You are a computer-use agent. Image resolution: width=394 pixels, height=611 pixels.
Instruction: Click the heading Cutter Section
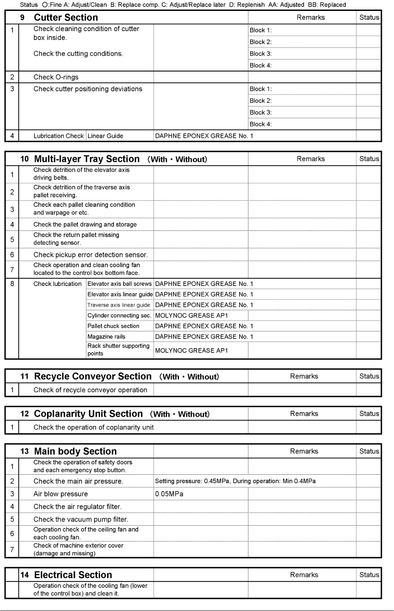pos(66,18)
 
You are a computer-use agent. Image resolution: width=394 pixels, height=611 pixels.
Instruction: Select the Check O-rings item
pos(56,77)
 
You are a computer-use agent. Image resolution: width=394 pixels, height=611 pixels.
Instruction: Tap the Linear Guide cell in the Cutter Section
pos(105,136)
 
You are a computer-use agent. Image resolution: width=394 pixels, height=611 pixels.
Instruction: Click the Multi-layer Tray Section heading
pos(87,159)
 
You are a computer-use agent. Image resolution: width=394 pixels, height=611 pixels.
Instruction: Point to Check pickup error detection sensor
pos(90,254)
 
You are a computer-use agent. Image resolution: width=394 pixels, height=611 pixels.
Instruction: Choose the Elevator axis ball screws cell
pos(119,284)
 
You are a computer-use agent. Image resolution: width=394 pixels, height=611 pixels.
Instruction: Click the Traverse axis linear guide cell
pos(118,305)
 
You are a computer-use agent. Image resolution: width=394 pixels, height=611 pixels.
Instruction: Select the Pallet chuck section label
pos(113,326)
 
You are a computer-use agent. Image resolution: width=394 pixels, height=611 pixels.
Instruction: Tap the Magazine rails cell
pos(106,336)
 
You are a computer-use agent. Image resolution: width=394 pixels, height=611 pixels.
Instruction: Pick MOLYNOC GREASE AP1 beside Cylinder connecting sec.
pos(192,315)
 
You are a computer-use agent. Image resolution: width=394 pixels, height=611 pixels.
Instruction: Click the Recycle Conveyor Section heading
pos(92,376)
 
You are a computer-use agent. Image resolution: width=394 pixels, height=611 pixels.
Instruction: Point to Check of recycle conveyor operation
pos(90,390)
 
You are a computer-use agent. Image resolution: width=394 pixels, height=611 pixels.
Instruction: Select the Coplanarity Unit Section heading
pos(88,414)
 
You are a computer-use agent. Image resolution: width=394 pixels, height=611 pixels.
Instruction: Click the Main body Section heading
pos(75,451)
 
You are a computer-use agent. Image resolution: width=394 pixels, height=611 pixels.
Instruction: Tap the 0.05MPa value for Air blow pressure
pos(169,494)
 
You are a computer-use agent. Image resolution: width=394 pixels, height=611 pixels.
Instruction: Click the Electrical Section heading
pos(73,575)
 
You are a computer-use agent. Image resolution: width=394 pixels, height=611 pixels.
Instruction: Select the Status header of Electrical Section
pos(369,575)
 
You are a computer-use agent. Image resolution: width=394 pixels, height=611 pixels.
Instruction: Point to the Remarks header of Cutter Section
pos(310,18)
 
